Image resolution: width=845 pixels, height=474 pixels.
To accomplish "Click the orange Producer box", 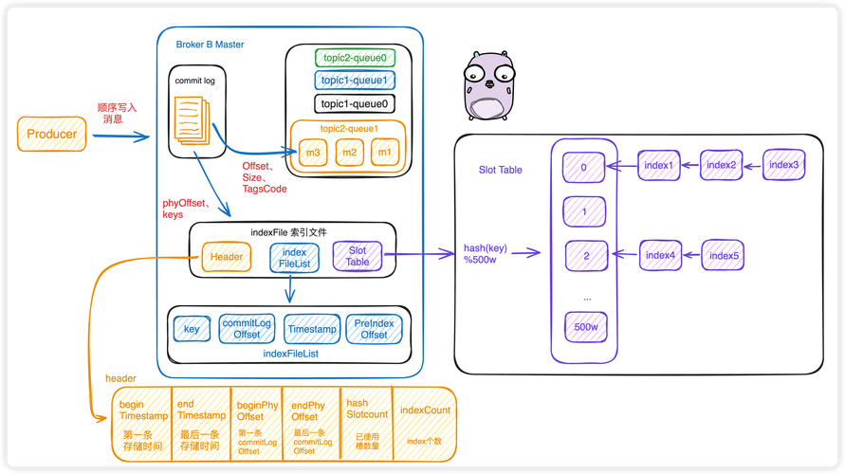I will point(51,135).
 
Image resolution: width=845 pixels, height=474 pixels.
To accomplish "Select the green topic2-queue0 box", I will point(354,58).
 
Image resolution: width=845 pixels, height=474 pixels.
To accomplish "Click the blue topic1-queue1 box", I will point(354,81).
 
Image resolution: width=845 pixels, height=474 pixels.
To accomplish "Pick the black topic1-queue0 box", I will point(354,104).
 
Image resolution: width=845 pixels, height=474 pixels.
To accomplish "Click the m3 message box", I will point(313,153).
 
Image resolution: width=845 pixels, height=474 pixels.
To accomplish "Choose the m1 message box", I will point(385,153).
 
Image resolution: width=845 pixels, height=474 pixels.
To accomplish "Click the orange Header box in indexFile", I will point(226,256).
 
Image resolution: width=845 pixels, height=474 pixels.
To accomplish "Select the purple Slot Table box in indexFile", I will point(357,255).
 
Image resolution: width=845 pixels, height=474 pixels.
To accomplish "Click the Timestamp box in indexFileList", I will point(311,328).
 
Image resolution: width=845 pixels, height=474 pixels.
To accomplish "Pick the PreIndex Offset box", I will point(374,328).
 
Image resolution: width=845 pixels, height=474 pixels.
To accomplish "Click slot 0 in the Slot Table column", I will point(584,168).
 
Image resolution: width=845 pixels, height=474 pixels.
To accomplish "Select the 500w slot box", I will point(584,328).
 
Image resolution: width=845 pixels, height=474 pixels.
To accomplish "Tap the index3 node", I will point(783,165).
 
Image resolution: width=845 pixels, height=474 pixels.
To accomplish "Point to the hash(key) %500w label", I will point(486,254).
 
